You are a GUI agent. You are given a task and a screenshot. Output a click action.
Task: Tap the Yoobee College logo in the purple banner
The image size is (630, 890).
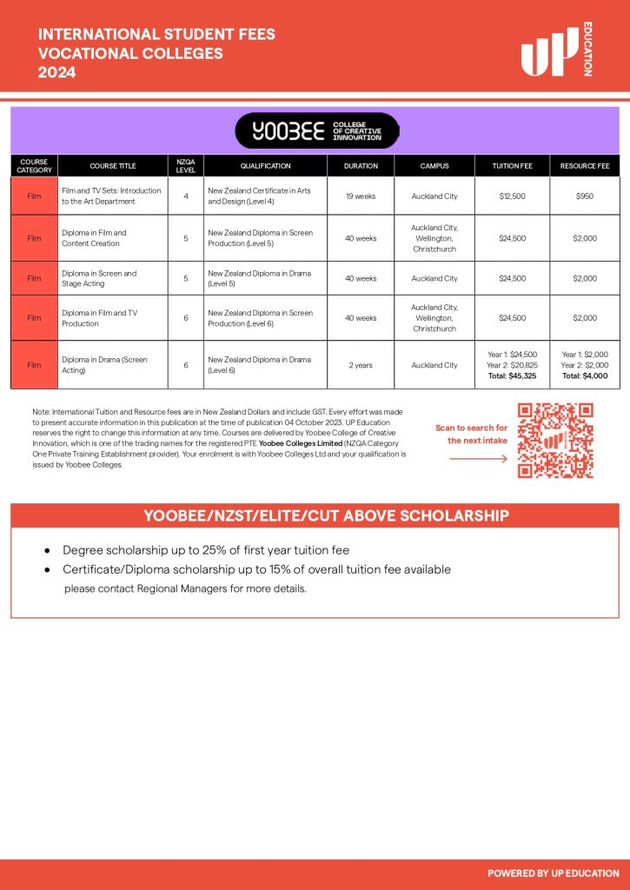(x=316, y=131)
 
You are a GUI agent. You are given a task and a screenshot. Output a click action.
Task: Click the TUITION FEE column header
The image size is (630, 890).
(x=512, y=165)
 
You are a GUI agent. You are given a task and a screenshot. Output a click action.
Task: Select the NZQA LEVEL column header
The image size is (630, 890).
(x=185, y=165)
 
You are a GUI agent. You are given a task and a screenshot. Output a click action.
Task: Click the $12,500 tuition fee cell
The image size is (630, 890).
(x=512, y=196)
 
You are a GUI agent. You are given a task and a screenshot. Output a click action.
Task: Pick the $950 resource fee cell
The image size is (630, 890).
(x=585, y=196)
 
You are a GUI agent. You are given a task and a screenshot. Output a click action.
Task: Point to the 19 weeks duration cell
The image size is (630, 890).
(x=361, y=196)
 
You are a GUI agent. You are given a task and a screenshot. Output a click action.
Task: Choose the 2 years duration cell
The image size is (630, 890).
(x=361, y=365)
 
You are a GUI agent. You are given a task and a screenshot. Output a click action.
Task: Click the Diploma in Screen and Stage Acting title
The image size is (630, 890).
(x=99, y=278)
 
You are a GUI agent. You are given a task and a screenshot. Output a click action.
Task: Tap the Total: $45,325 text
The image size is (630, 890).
(x=512, y=376)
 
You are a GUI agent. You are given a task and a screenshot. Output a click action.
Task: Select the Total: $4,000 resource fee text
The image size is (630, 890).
(x=585, y=376)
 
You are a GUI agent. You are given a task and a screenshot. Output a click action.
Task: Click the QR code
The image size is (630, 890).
(x=555, y=441)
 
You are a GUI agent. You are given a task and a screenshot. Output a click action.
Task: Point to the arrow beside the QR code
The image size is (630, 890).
(x=478, y=459)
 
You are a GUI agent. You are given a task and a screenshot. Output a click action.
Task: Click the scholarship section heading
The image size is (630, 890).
(x=315, y=516)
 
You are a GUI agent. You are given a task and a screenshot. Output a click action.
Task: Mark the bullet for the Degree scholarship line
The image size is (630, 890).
(x=47, y=551)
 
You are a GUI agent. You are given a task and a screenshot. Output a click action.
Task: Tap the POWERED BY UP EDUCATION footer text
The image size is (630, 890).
(x=554, y=873)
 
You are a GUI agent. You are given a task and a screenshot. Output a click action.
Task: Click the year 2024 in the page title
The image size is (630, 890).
(x=56, y=73)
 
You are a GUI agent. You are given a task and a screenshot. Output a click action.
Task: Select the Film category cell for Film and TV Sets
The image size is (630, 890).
(x=34, y=196)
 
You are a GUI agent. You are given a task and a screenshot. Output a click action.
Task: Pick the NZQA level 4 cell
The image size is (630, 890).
(x=185, y=196)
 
